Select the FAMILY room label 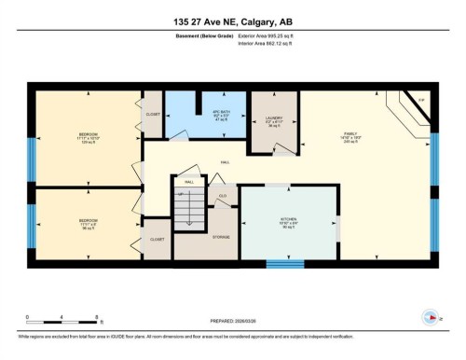click(350, 137)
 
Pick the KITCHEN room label click(286, 221)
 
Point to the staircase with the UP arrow click(190, 206)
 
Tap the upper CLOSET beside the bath click(152, 113)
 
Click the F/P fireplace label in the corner click(420, 101)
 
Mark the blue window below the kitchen click(285, 264)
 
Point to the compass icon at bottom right click(430, 317)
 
